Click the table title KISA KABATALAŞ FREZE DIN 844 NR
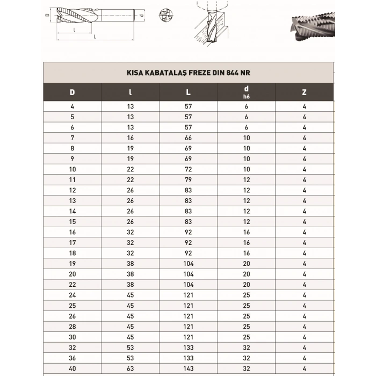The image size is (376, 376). click(x=188, y=72)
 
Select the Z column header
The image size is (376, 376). click(x=304, y=92)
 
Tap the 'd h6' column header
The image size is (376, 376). click(x=246, y=92)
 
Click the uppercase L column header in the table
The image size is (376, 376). click(x=188, y=92)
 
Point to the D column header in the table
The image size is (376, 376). click(x=72, y=92)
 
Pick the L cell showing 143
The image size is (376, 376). click(x=188, y=368)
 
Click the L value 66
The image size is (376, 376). click(x=188, y=138)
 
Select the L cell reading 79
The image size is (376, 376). click(x=188, y=179)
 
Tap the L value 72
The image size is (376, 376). click(x=188, y=169)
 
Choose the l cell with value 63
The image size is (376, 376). click(x=130, y=368)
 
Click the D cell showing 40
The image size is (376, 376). click(x=72, y=368)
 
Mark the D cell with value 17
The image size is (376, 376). click(x=72, y=242)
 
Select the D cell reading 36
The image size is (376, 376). click(x=72, y=358)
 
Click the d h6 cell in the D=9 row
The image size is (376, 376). click(x=246, y=159)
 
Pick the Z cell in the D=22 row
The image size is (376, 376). click(x=304, y=284)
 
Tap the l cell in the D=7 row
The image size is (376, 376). click(x=130, y=138)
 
